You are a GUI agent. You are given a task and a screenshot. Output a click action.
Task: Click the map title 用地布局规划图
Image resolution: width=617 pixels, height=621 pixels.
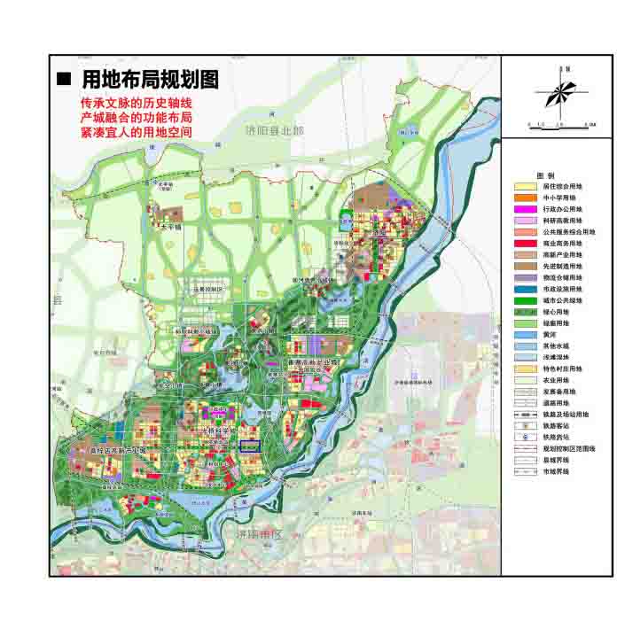pos(149,79)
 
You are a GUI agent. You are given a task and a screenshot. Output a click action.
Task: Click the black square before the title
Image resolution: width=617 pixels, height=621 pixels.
pos(63,79)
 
